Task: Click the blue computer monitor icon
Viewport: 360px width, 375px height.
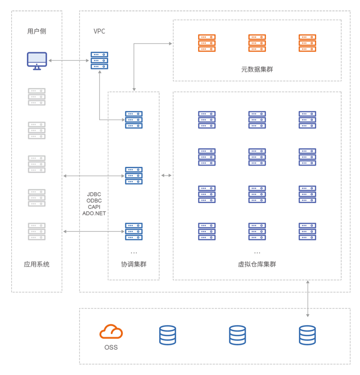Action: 37,60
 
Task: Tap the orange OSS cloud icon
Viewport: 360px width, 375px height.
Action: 111,331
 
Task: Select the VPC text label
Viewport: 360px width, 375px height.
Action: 99,31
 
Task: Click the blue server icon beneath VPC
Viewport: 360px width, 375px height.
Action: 99,60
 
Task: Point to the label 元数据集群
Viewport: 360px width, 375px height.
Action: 257,69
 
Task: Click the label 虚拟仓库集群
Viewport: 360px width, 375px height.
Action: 257,264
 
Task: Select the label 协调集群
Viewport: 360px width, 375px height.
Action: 134,264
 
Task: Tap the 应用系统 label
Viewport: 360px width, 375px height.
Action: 37,264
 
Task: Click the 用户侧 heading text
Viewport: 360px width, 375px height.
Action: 37,31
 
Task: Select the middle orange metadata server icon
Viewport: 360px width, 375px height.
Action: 257,43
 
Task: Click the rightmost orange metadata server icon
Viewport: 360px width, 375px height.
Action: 307,43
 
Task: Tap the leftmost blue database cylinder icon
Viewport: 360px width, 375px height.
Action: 168,335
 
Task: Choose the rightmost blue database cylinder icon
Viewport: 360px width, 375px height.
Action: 307,335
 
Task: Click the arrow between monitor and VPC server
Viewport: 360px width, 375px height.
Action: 68,60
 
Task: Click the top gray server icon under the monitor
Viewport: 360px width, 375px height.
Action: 37,97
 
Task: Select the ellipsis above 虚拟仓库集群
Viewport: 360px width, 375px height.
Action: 257,253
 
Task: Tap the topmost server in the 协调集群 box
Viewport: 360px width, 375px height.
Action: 134,120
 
